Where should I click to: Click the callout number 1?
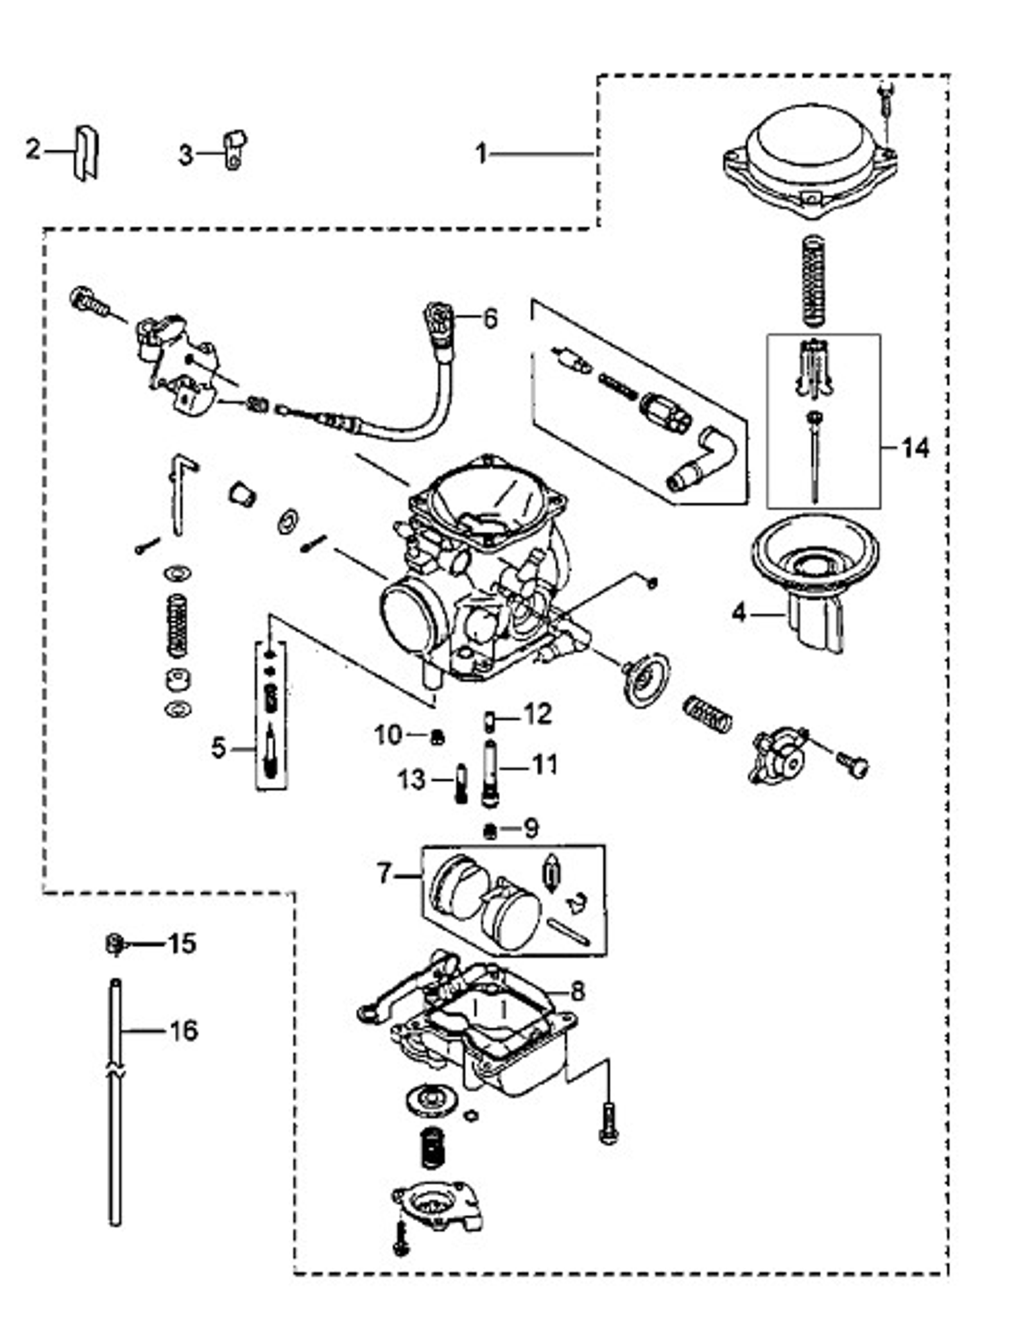(x=480, y=154)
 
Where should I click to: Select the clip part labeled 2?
(x=86, y=153)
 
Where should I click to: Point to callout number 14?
(x=915, y=447)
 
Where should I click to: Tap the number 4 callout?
(x=739, y=613)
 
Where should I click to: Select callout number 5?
(x=218, y=747)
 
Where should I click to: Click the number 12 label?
(x=537, y=714)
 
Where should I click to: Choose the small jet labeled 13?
(x=461, y=782)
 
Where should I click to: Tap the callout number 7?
(x=383, y=875)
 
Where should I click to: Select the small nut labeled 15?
(x=114, y=944)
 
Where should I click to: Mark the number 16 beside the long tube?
(x=182, y=1030)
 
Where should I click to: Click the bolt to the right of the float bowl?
(x=608, y=1123)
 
